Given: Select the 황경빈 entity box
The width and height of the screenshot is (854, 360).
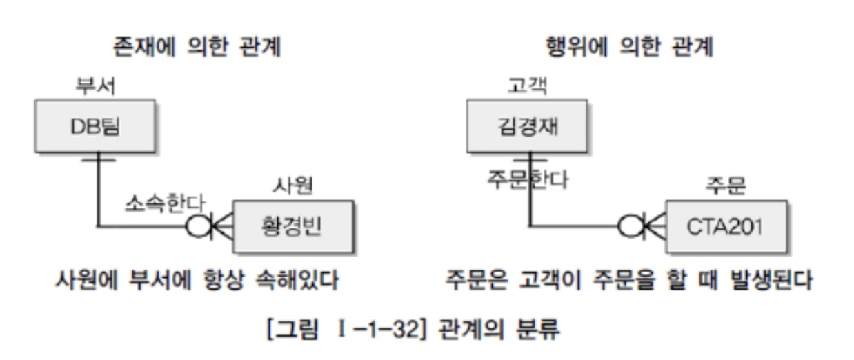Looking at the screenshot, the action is click(292, 226).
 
